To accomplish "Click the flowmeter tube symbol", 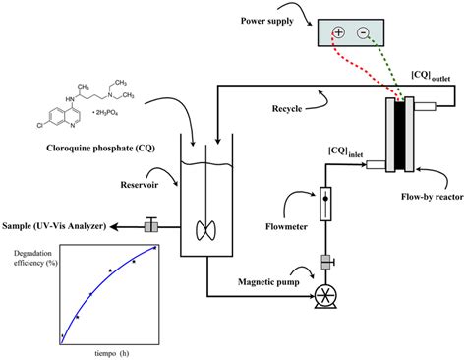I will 324,212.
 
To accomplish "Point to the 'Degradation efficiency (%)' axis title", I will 35,258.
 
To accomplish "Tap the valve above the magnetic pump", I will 324,263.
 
